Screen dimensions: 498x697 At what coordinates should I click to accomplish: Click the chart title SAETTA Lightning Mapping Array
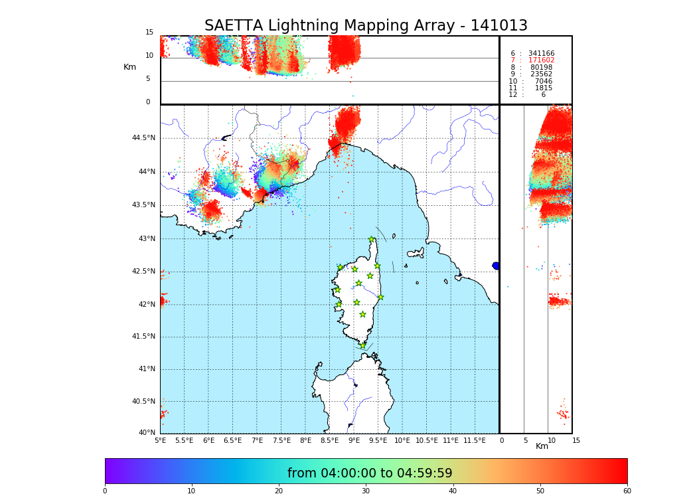pyautogui.click(x=366, y=26)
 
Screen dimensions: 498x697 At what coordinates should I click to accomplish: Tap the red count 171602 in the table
pyautogui.click(x=541, y=60)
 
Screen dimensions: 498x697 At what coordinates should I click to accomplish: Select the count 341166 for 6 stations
pyautogui.click(x=541, y=54)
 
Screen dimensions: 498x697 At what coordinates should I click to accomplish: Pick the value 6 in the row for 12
pyautogui.click(x=543, y=95)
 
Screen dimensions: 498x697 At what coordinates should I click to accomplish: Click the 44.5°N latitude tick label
pyautogui.click(x=143, y=138)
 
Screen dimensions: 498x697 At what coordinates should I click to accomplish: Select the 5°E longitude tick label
pyautogui.click(x=161, y=441)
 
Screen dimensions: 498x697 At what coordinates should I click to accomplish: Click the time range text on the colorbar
pyautogui.click(x=370, y=473)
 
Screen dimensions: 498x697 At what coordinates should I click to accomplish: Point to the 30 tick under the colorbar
pyautogui.click(x=366, y=491)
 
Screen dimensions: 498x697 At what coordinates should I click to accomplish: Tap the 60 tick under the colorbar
pyautogui.click(x=627, y=491)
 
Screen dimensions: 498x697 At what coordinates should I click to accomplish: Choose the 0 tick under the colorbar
pyautogui.click(x=105, y=491)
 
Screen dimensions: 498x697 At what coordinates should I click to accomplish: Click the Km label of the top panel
pyautogui.click(x=130, y=67)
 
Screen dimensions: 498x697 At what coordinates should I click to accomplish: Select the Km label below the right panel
pyautogui.click(x=542, y=446)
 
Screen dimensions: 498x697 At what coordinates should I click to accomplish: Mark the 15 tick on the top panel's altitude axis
pyautogui.click(x=149, y=33)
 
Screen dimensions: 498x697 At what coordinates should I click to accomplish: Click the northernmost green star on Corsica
pyautogui.click(x=372, y=240)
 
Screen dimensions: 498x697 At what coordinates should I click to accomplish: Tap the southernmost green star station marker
pyautogui.click(x=362, y=345)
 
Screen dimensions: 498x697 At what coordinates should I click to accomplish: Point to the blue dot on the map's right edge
pyautogui.click(x=496, y=266)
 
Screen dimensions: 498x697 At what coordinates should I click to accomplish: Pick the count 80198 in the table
pyautogui.click(x=541, y=68)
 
